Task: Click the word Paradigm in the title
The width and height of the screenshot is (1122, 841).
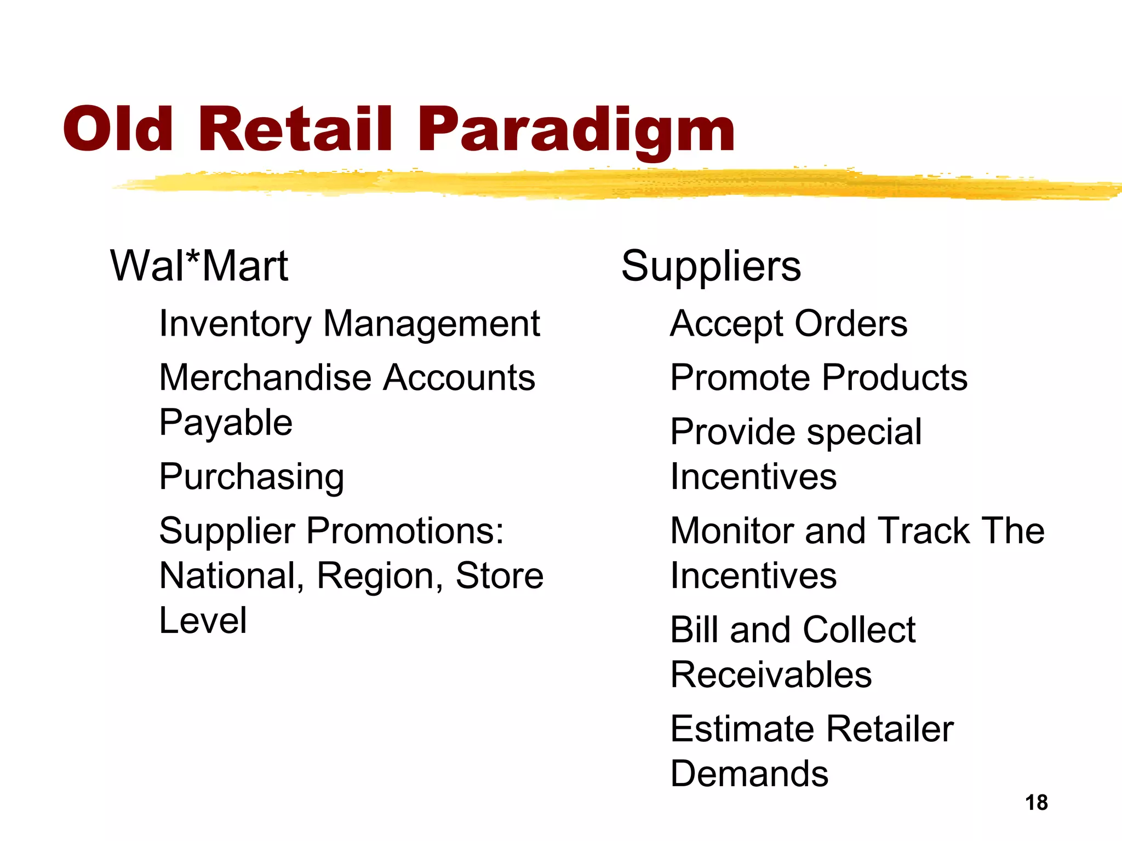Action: (576, 130)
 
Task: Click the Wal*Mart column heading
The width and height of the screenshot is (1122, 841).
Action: (199, 266)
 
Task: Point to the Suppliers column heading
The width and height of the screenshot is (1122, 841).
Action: (711, 266)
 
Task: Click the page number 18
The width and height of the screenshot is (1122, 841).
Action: (1036, 803)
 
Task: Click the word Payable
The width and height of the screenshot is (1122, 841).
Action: (226, 423)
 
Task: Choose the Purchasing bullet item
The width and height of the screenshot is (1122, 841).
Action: (251, 477)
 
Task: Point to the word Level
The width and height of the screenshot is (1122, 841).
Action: (203, 621)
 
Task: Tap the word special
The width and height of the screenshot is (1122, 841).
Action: (864, 433)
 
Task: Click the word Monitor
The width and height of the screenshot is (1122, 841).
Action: (732, 531)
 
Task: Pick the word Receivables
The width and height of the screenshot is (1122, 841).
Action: (771, 675)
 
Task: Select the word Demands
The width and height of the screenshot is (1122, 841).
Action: (749, 774)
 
